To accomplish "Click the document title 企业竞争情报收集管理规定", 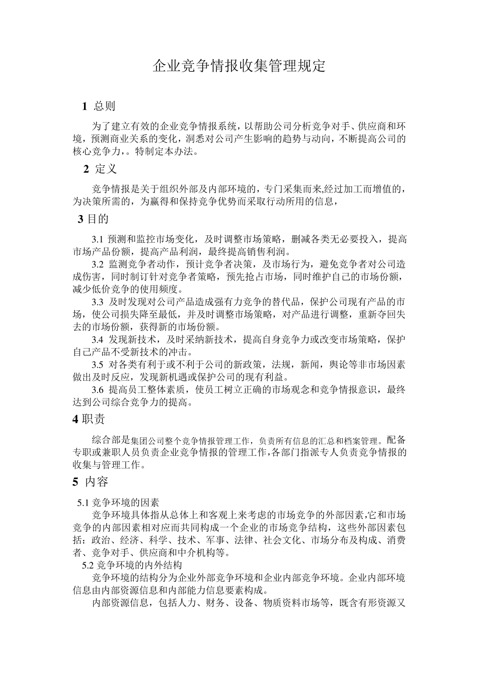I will click(239, 66).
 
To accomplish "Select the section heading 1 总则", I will click(99, 106).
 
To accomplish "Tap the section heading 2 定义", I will click(100, 169).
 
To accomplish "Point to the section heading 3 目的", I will click(93, 219).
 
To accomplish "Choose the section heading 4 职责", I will click(89, 419).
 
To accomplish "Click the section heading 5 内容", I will click(90, 482).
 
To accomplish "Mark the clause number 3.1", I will click(98, 239).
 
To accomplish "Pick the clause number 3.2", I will click(98, 264).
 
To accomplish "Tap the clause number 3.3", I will click(98, 302).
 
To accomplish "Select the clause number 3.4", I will click(98, 340).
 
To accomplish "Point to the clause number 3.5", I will click(98, 365).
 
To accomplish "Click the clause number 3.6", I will click(98, 390).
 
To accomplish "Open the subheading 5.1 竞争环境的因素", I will click(118, 502).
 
